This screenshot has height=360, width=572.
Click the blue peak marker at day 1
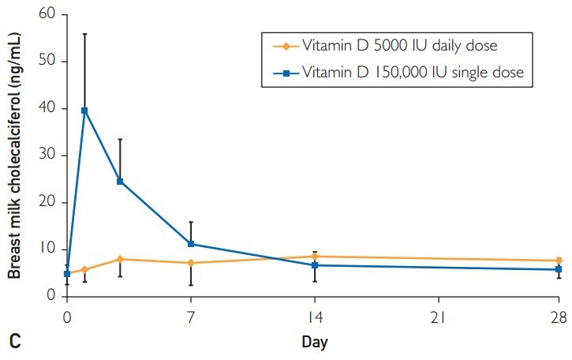point(84,111)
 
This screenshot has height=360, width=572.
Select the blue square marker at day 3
point(120,182)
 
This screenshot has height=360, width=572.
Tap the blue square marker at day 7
point(191,244)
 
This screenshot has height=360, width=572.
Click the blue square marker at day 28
point(559,270)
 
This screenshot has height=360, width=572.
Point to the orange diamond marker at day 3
point(120,259)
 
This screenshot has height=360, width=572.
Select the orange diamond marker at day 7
point(191,263)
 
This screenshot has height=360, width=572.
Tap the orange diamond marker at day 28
point(559,261)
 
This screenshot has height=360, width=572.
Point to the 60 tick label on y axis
point(47,14)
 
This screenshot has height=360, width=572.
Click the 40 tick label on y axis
point(47,108)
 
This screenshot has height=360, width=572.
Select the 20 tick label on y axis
point(47,202)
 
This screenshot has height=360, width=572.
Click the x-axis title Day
point(314,342)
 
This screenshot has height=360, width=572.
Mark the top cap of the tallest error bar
point(84,34)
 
